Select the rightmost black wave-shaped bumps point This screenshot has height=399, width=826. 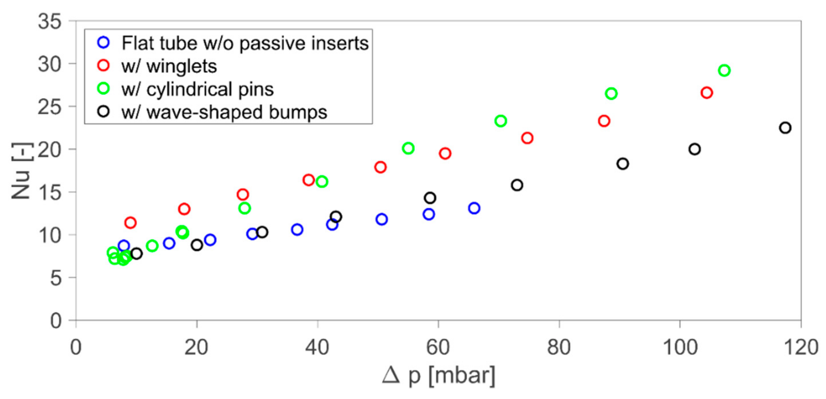(785, 128)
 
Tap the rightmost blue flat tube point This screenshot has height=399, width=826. (474, 208)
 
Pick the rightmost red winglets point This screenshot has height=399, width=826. (707, 93)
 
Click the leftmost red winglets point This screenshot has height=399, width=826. (130, 222)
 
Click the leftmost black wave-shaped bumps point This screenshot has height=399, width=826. (137, 253)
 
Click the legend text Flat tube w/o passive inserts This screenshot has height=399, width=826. (245, 43)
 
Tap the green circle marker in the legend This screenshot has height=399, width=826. (103, 89)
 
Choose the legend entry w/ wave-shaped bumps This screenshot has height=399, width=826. (224, 112)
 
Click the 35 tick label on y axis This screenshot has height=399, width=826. (49, 22)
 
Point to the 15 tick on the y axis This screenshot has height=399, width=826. (49, 193)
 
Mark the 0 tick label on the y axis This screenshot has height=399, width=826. (55, 320)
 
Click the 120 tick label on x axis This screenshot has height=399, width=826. (801, 347)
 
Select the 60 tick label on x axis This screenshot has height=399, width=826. (438, 347)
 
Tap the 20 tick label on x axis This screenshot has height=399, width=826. (196, 347)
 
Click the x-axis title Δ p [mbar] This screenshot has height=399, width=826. (438, 375)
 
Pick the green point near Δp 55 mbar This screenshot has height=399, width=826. (408, 148)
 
